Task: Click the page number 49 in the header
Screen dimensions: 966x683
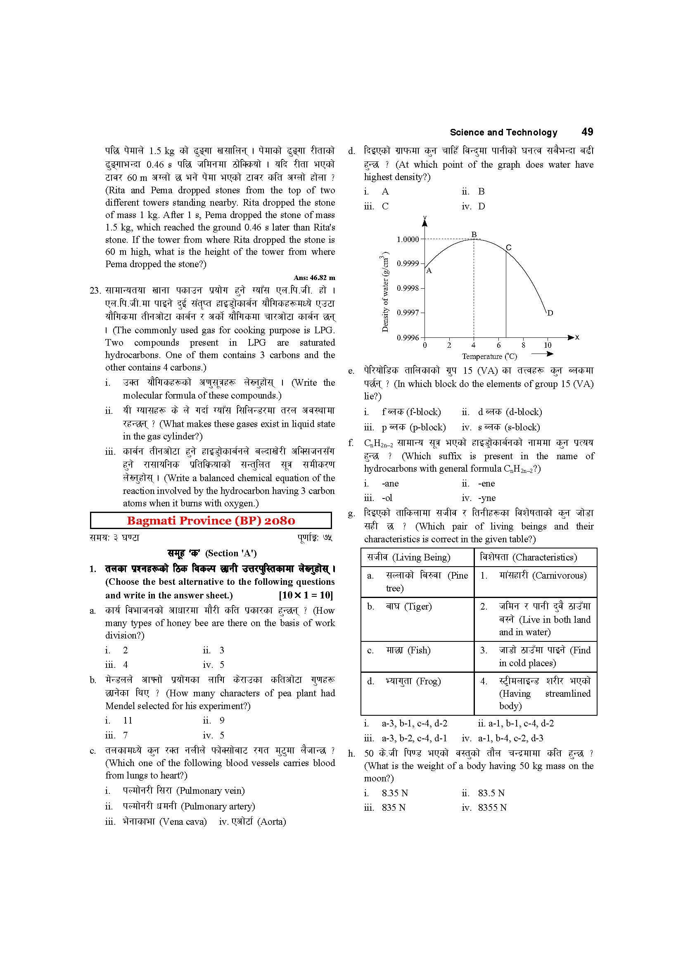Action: point(587,132)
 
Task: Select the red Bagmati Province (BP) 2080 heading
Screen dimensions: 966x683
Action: point(211,520)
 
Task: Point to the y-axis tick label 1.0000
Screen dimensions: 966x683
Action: point(408,240)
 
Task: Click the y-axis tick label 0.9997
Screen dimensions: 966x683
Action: point(408,313)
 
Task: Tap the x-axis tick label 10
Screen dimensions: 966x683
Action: point(548,345)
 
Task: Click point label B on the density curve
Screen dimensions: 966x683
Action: point(474,234)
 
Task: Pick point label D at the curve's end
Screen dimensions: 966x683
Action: point(550,313)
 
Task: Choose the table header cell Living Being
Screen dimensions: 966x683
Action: point(408,557)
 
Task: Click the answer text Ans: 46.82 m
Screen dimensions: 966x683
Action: point(314,278)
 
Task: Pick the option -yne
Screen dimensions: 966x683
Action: point(486,498)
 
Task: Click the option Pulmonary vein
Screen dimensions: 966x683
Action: point(184,790)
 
